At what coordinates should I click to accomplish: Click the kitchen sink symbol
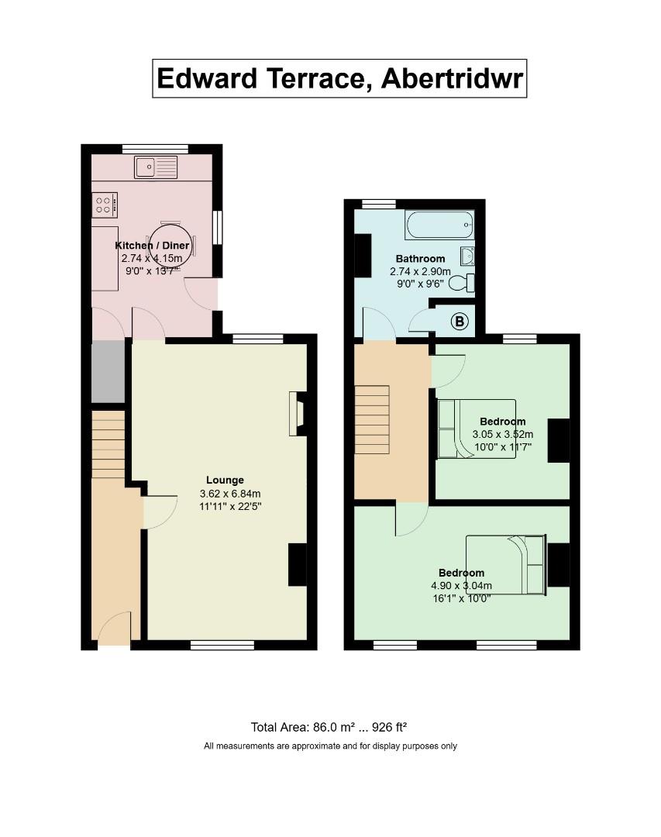coord(155,167)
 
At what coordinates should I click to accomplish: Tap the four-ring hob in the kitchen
coord(105,205)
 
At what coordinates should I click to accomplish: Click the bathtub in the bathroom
coord(438,226)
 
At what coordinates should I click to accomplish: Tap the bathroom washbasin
coord(466,256)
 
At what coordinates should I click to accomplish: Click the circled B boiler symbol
coord(460,322)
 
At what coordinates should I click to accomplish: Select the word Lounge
coord(225,480)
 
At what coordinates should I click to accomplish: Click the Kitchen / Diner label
coord(153,246)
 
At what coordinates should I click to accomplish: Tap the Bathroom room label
coord(420,258)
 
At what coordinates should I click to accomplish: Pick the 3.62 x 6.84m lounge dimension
coord(230,494)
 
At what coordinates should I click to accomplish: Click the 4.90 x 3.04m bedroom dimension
coord(461,586)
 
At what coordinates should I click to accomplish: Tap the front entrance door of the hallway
coord(115,628)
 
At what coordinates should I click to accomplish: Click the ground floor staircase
coord(108,445)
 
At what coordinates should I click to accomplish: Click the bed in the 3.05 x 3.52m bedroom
coord(476,429)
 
